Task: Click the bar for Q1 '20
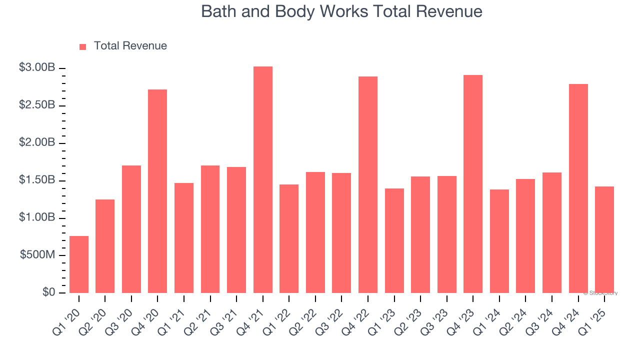(79, 264)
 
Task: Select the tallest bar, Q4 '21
(263, 180)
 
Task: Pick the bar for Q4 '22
(368, 185)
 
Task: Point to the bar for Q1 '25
(604, 240)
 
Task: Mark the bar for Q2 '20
(105, 246)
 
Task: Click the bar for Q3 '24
(552, 233)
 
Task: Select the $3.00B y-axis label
(37, 67)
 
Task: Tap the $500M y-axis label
(37, 255)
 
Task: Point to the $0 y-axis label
(48, 292)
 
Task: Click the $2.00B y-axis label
(37, 142)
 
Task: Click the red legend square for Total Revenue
(83, 46)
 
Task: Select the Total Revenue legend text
(130, 46)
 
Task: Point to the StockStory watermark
(600, 293)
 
